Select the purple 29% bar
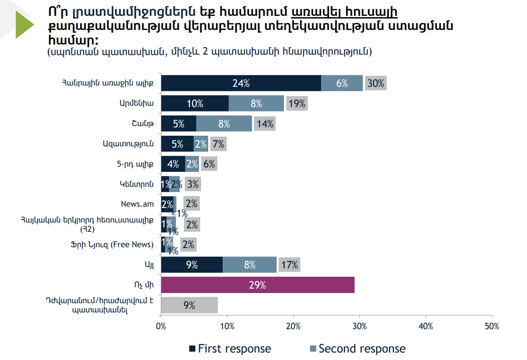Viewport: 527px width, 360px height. coord(258,285)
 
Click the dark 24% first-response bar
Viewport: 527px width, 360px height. coord(241,83)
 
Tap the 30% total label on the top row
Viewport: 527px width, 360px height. coord(376,83)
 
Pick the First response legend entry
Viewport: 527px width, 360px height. coord(230,349)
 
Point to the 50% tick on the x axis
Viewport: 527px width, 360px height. coord(491,327)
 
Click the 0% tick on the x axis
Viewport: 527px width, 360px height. coord(161,327)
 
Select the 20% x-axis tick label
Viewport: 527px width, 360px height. coord(293,327)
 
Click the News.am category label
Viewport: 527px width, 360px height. coord(137,204)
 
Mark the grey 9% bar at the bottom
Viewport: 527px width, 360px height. coord(189,305)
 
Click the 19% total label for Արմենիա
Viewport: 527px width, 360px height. coord(296,104)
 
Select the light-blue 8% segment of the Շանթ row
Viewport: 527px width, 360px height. coord(224,124)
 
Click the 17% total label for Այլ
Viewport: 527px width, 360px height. coord(289,265)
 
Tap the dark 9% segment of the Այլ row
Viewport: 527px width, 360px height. coord(192,265)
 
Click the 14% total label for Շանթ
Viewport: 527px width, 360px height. coord(265,124)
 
